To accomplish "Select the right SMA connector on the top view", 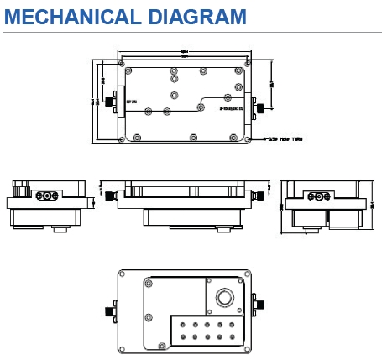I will (263, 108).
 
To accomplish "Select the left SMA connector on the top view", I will (110, 102).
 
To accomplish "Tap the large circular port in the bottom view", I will (224, 298).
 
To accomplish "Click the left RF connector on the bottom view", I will (110, 310).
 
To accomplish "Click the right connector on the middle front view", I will (260, 196).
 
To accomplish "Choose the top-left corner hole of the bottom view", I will (127, 278).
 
